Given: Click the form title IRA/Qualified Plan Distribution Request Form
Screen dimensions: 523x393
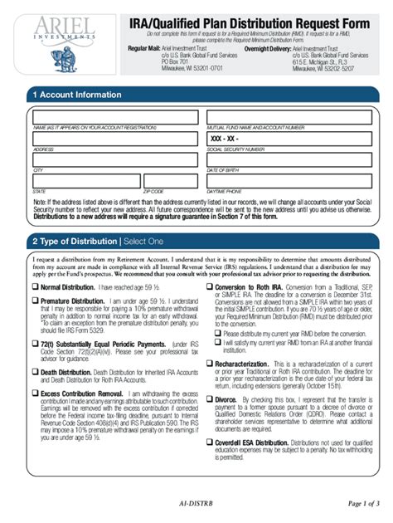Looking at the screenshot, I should (254, 22).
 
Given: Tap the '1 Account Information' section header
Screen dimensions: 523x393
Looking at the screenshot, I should (76, 95).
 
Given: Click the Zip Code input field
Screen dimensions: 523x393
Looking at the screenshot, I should (170, 181).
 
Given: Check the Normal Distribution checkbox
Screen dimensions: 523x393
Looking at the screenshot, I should (35, 288).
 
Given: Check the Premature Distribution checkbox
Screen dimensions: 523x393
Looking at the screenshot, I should (35, 302).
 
